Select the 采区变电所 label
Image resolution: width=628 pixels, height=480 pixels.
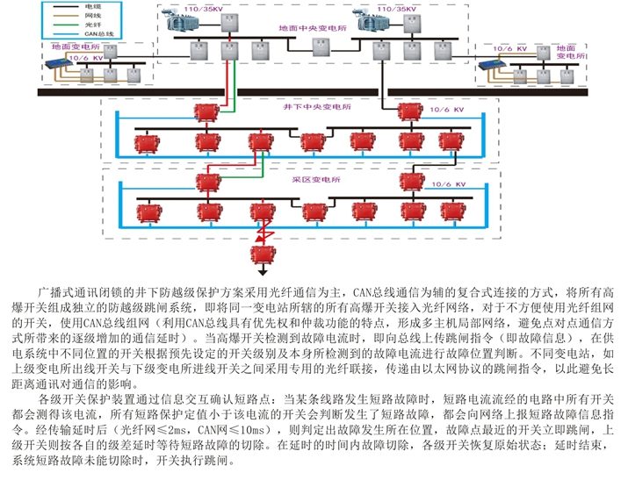[x=314, y=179]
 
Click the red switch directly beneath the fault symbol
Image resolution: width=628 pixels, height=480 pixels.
[x=261, y=254]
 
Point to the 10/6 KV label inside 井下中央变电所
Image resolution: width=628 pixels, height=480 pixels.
[x=445, y=111]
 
